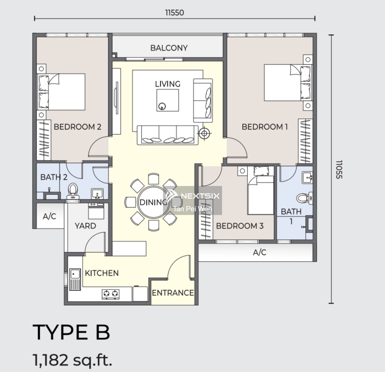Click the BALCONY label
click(169, 48)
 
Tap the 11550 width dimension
click(175, 13)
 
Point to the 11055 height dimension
click(339, 169)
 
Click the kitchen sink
click(75, 279)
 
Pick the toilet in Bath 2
click(73, 191)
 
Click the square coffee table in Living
click(168, 100)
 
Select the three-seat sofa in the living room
click(168, 135)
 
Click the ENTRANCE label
click(173, 293)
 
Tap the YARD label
click(85, 226)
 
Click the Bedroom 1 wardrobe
click(305, 141)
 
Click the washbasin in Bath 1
click(307, 177)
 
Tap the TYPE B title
click(72, 332)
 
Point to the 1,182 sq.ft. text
click(73, 360)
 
